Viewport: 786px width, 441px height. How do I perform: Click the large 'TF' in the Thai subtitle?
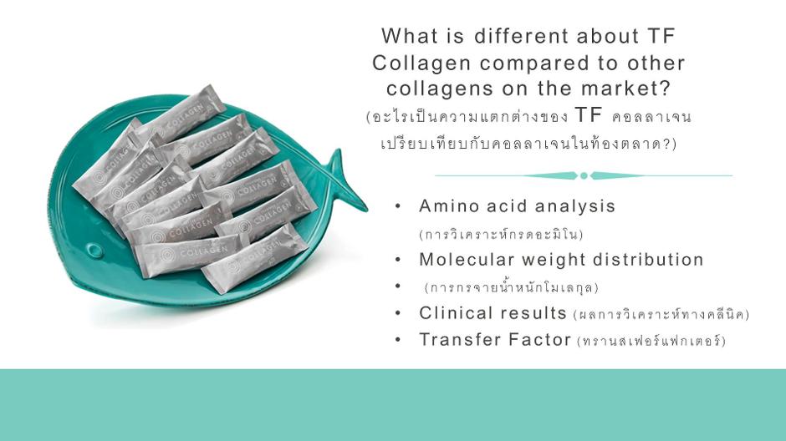(589, 115)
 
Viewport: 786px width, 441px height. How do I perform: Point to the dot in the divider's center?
(584, 175)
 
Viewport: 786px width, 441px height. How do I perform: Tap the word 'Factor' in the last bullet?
(540, 339)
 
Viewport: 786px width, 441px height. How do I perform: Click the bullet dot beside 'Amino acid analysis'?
(398, 206)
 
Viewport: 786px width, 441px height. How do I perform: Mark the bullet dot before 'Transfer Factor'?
(398, 340)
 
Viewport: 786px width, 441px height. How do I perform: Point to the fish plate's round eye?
(94, 251)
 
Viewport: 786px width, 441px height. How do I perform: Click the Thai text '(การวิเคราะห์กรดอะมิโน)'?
(501, 234)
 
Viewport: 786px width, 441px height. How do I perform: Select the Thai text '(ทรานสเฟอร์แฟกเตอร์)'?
(651, 341)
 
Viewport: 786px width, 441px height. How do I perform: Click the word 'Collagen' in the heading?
(421, 63)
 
